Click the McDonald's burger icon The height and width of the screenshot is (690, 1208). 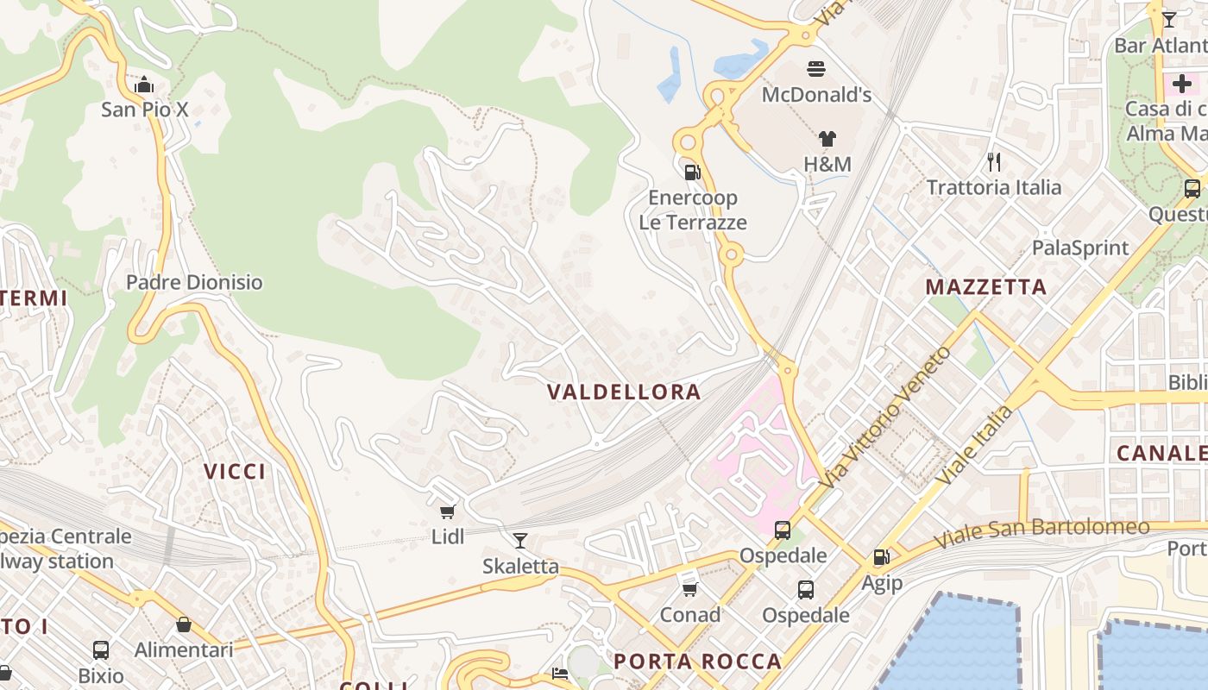point(816,68)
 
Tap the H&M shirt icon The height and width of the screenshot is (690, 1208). point(827,139)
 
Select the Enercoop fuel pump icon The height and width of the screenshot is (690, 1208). point(692,172)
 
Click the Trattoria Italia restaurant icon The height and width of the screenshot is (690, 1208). point(994,161)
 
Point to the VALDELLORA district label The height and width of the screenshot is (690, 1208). point(624,392)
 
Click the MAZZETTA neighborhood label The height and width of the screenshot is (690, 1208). point(986,287)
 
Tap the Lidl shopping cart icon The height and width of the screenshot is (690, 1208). point(448,511)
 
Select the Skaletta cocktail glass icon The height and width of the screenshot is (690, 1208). point(520,541)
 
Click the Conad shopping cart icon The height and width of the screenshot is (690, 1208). point(689,589)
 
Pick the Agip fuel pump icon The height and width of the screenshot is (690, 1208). point(881,557)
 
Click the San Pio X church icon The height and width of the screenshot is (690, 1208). point(144,85)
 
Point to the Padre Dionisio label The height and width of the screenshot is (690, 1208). point(194,282)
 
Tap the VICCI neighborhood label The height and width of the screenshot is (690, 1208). point(235,471)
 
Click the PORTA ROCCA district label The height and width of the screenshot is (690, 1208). point(697,662)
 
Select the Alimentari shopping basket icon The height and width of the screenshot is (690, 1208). point(184,624)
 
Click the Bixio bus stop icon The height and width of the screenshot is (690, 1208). point(101,649)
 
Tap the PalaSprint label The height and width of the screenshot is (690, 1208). point(1080,248)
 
